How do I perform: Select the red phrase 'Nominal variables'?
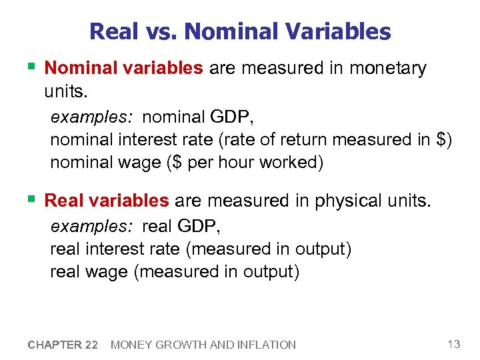pos(123,69)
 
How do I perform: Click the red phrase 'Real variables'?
pos(107,201)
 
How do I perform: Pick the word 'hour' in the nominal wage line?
pos(215,163)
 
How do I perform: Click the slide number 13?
pos(454,344)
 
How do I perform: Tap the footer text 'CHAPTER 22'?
pos(63,345)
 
